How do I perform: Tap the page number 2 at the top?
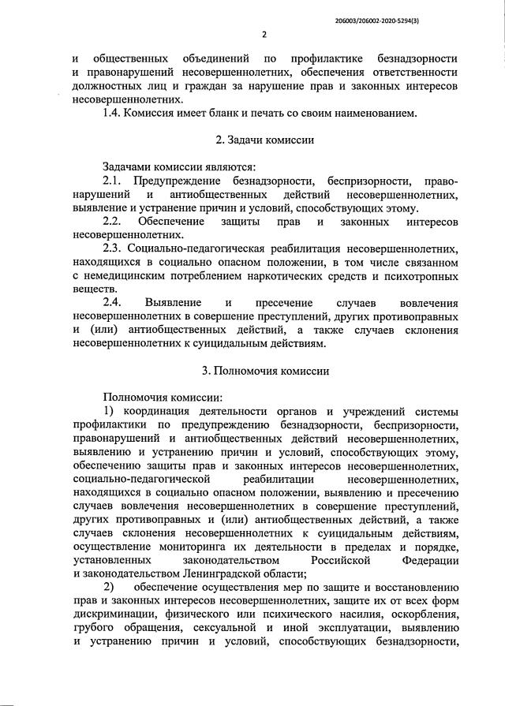[x=264, y=34]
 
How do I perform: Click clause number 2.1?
[x=114, y=181]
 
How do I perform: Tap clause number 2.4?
[x=114, y=303]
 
